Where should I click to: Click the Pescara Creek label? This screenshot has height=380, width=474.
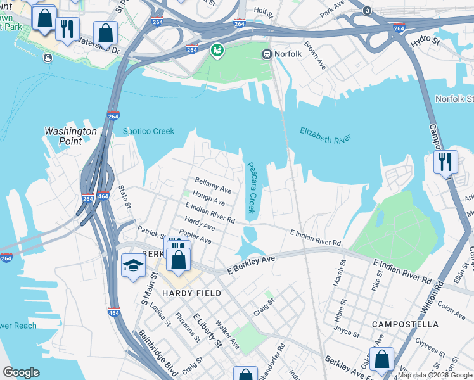pos(251,187)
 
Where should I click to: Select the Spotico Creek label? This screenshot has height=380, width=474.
pos(148,131)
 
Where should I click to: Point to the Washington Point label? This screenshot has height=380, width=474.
pos(70,136)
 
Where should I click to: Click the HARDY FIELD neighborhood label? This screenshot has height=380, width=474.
pos(191,293)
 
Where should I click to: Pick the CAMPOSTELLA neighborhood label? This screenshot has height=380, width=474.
pos(404,324)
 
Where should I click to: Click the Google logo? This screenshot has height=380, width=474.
pos(21,372)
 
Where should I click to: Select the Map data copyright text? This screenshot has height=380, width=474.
pos(434,375)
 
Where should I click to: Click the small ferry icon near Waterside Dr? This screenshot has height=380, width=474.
pos(48,58)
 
